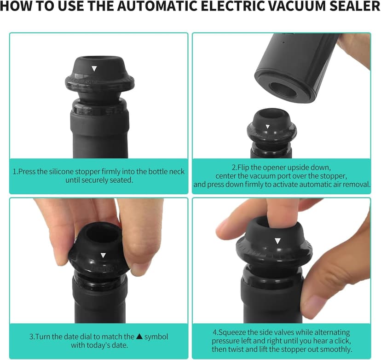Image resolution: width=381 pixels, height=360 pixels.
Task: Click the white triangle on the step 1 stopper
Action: [94, 69]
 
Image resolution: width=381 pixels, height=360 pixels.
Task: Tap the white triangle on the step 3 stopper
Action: [104, 255]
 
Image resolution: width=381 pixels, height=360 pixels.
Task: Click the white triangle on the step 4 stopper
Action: [277, 241]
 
